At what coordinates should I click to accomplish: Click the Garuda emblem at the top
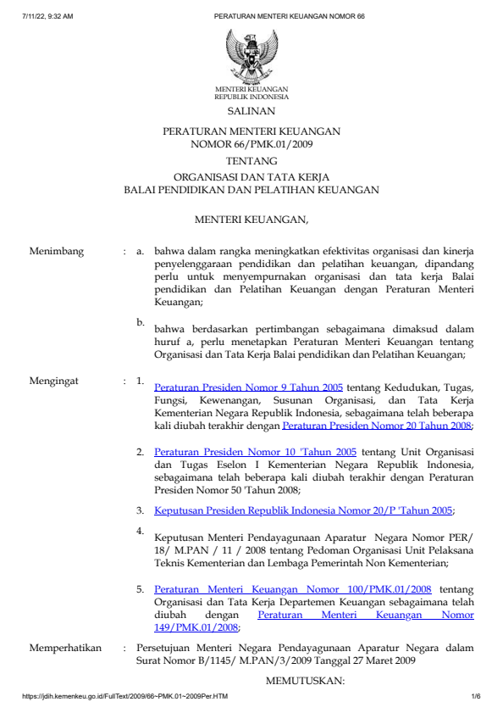[x=251, y=55]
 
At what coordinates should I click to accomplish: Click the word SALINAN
[x=251, y=111]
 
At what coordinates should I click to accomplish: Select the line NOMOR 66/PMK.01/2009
[x=251, y=143]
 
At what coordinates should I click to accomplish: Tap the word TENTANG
[x=251, y=160]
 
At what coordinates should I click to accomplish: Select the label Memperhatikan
[x=65, y=648]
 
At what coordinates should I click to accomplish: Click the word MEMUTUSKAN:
[x=306, y=680]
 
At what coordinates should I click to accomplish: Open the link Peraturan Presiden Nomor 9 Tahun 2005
[x=249, y=387]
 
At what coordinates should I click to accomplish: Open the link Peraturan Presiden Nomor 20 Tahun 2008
[x=378, y=426]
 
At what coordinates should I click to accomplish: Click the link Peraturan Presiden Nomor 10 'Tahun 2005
[x=255, y=452]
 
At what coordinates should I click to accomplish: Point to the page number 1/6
[x=476, y=697]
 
